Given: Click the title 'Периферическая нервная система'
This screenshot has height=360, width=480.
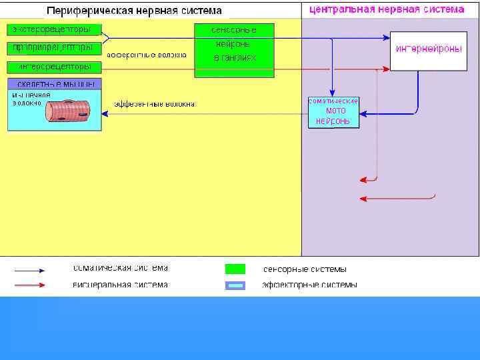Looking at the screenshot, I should pyautogui.click(x=133, y=11).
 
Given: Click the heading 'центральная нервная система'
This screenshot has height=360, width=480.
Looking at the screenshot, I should pyautogui.click(x=387, y=9).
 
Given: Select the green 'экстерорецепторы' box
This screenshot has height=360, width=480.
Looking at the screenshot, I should pyautogui.click(x=54, y=30).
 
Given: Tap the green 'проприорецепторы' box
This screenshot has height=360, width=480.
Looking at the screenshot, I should pyautogui.click(x=54, y=48).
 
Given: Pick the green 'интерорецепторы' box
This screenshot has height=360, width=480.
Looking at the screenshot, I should pyautogui.click(x=54, y=67).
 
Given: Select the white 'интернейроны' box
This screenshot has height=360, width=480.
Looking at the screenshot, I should pyautogui.click(x=428, y=51).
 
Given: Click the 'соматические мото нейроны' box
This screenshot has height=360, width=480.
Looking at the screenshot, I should pyautogui.click(x=333, y=112).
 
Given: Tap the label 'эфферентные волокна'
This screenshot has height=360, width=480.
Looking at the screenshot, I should pyautogui.click(x=155, y=104).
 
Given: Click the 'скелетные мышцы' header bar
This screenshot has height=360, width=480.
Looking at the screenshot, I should pyautogui.click(x=54, y=84).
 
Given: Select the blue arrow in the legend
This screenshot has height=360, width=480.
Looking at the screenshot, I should pyautogui.click(x=30, y=271).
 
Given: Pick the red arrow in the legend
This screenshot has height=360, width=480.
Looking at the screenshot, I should pyautogui.click(x=30, y=285).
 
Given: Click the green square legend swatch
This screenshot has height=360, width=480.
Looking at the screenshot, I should pyautogui.click(x=235, y=269).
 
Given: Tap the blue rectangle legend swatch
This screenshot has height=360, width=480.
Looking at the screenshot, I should pyautogui.click(x=235, y=285).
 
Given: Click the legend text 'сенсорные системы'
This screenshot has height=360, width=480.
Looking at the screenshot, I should pyautogui.click(x=305, y=269).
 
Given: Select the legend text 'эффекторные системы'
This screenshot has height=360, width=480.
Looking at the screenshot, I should pyautogui.click(x=309, y=285).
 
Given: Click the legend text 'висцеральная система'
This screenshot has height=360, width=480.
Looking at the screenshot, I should pyautogui.click(x=120, y=285).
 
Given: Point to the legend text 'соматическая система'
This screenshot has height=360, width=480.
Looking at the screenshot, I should pyautogui.click(x=120, y=268).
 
